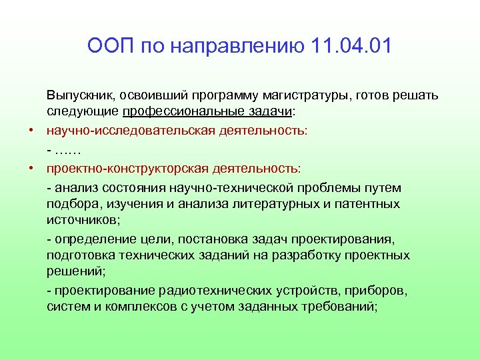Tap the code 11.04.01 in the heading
352,47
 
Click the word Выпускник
78,95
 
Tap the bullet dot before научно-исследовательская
31,130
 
